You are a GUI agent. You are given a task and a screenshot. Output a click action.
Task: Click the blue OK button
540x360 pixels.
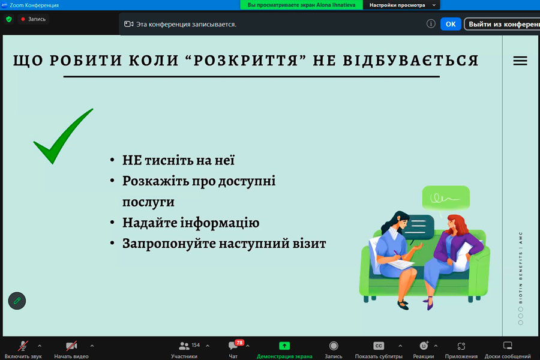coord(451,24)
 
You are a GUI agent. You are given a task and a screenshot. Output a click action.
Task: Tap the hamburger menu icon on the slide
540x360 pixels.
coord(520,61)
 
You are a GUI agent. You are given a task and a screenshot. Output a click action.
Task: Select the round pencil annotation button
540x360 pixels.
coord(17,301)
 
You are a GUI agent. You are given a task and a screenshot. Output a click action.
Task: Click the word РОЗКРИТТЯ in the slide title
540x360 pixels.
coord(245,61)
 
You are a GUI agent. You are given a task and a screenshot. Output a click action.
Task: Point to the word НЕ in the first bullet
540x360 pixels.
coord(132,160)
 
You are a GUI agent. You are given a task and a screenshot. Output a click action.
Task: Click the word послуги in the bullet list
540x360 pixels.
coord(148,202)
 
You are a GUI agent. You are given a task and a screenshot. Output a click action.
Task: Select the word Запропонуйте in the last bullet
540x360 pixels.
coord(169,244)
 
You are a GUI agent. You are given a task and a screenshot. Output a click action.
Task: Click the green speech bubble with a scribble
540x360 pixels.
coord(446,198)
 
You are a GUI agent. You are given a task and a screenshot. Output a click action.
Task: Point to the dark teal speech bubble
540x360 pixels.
coord(418,227)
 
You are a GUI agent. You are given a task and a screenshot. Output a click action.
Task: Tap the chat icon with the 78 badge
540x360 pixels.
coord(234,345)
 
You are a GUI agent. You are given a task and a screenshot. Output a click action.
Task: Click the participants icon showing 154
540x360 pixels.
coord(184,346)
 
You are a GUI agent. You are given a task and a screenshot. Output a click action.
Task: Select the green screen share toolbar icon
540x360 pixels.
coord(284,346)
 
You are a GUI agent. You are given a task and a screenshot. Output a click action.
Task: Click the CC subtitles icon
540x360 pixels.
coord(379,346)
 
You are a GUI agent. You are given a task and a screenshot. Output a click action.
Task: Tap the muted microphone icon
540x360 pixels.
coord(23,346)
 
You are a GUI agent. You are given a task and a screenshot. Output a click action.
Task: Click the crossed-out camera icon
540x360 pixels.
coord(71,346)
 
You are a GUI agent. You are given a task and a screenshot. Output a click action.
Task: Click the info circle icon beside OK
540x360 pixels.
coord(431,24)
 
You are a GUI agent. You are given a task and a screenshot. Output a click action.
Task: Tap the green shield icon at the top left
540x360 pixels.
coord(9,19)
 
